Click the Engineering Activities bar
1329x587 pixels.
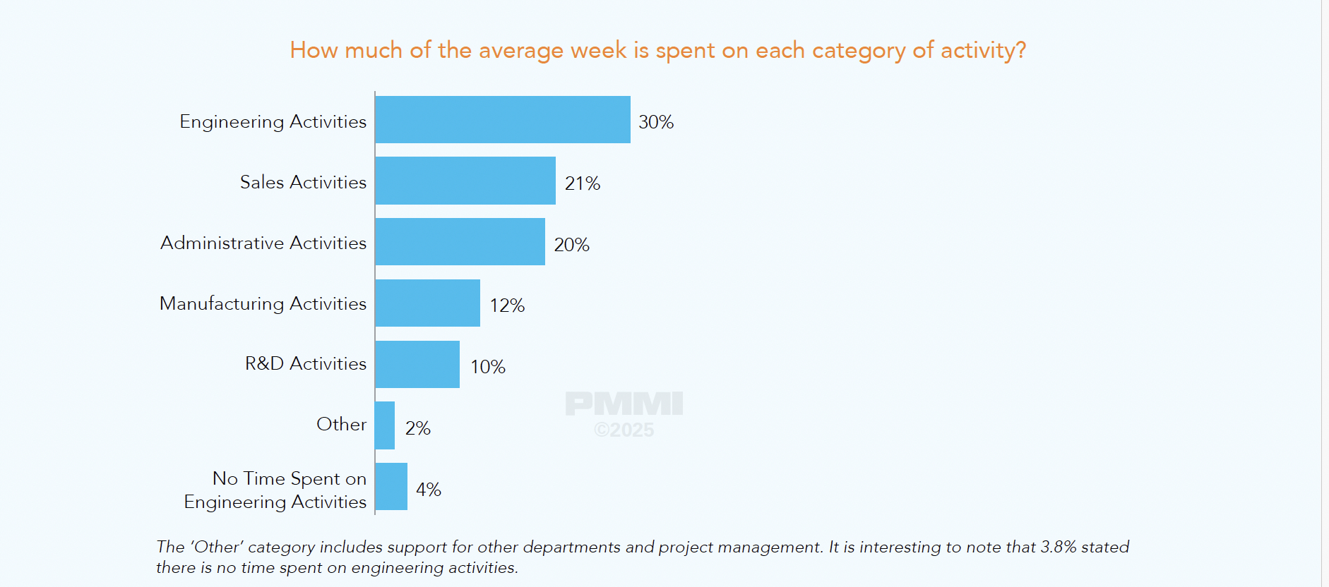(502, 120)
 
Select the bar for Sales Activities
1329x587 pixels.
(465, 181)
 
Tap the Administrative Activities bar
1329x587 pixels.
(460, 242)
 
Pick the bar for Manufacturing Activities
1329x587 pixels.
(427, 303)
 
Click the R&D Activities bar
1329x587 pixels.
(417, 364)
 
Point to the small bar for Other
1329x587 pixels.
(385, 425)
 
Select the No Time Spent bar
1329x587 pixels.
(391, 487)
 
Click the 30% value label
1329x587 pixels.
(656, 122)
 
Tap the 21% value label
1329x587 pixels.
(583, 183)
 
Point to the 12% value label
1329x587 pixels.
(507, 305)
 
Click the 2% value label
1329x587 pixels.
(417, 428)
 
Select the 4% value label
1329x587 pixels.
(428, 490)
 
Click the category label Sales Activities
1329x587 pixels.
(303, 182)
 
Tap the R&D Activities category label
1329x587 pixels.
(306, 363)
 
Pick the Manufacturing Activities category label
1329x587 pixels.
(263, 303)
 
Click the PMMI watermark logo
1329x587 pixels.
(624, 404)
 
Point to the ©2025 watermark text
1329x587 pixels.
(624, 430)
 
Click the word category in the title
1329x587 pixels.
(858, 51)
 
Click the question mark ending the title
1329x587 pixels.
(1020, 50)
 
